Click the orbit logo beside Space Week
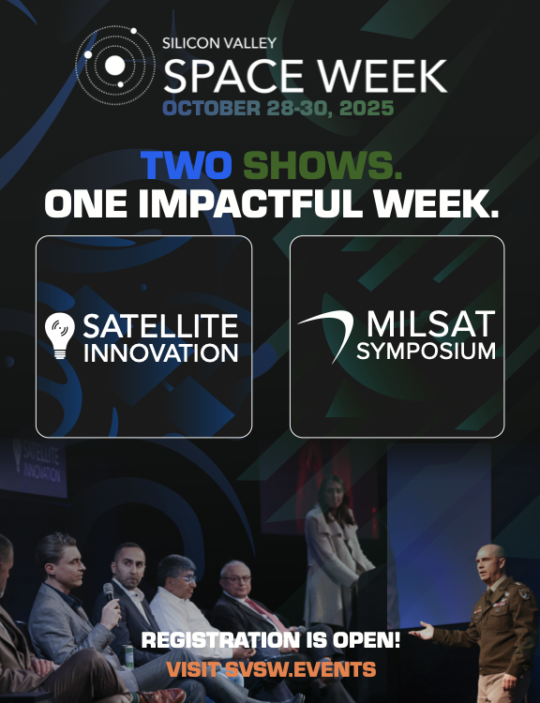[x=115, y=66]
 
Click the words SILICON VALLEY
[x=219, y=43]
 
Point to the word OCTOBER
[x=211, y=108]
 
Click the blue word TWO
[x=187, y=165]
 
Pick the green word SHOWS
[x=322, y=165]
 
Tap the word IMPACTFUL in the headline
[x=251, y=203]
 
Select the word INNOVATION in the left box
[x=160, y=352]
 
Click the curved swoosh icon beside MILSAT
[x=327, y=333]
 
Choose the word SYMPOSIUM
[x=426, y=351]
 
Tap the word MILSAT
[x=431, y=323]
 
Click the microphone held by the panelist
[x=109, y=592]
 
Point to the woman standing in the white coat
[x=334, y=551]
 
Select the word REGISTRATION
[x=220, y=640]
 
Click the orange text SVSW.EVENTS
[x=300, y=669]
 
